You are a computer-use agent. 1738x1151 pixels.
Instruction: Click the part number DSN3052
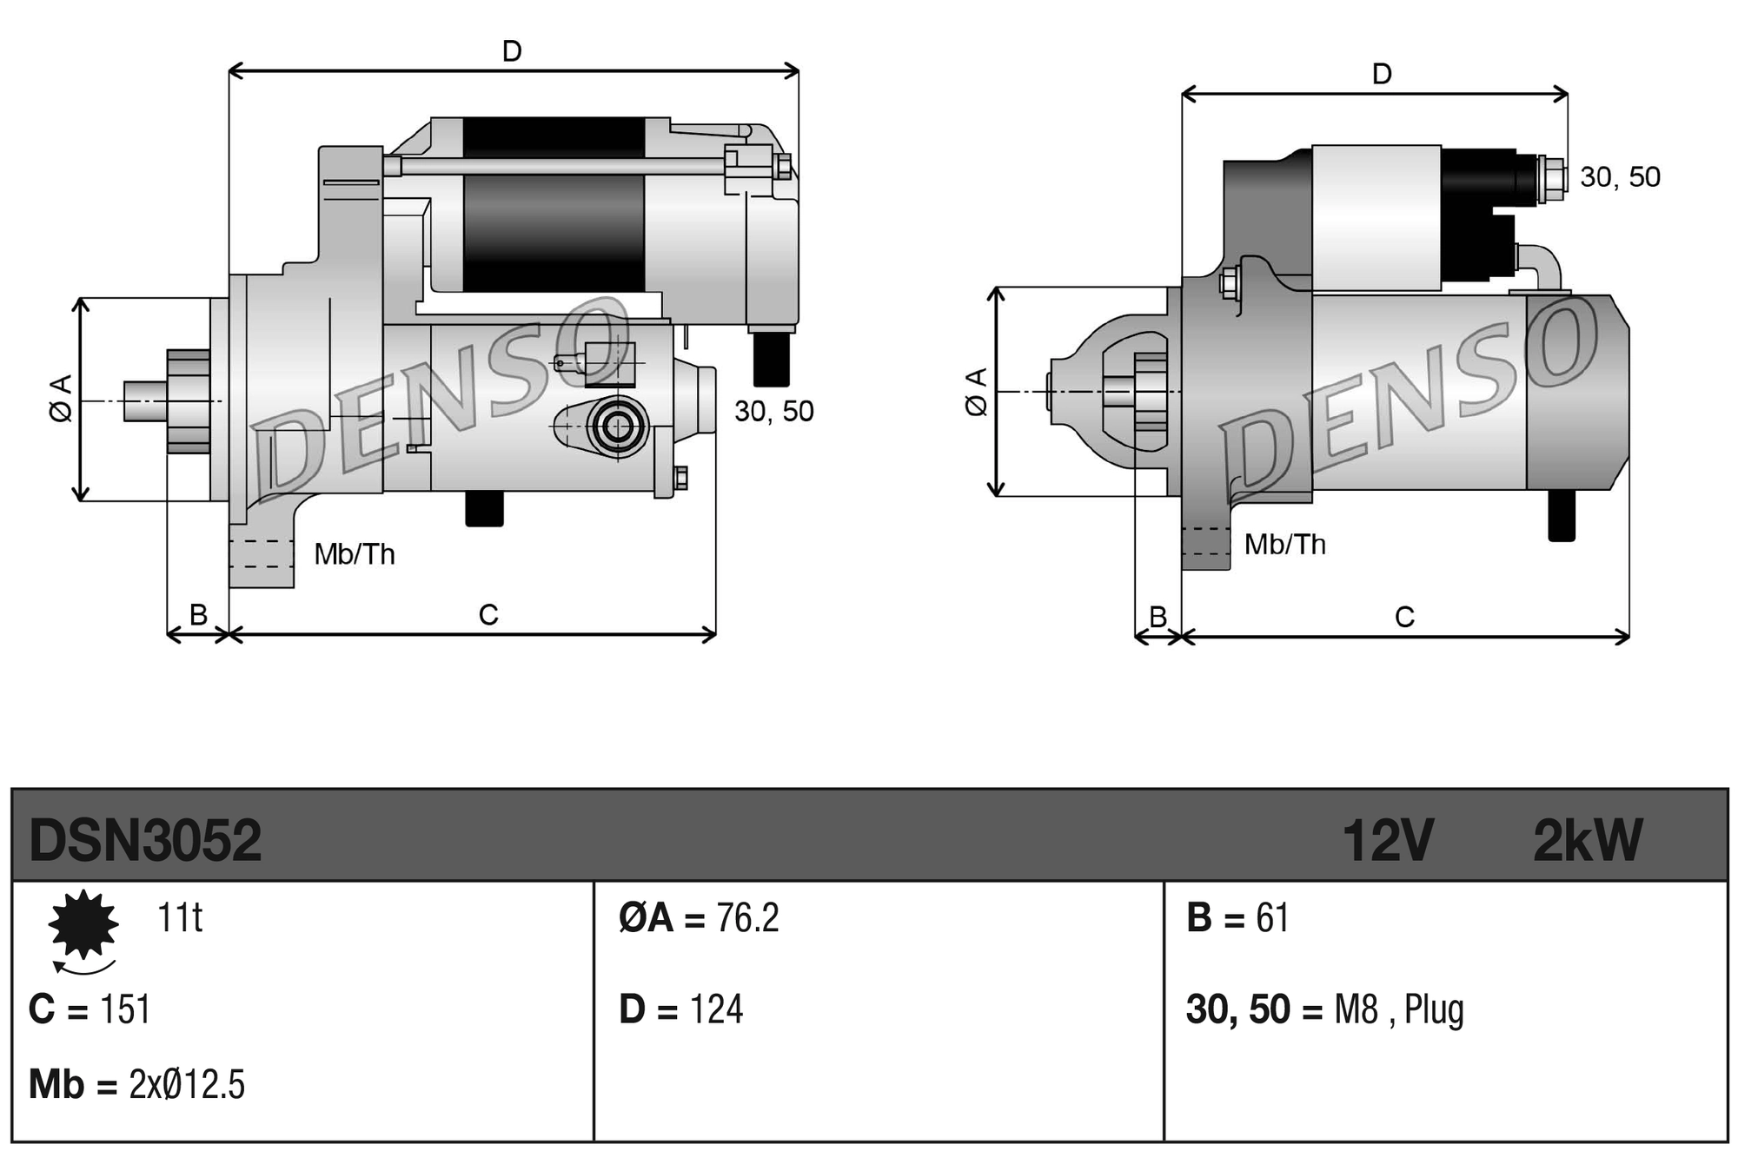145,840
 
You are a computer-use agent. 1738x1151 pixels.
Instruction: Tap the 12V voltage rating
1387,840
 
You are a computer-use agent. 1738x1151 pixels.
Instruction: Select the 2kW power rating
1587,840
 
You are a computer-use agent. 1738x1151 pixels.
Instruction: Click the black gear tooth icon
83,924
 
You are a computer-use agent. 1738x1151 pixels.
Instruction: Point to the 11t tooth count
180,917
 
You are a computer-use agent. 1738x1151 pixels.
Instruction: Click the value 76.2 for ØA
747,918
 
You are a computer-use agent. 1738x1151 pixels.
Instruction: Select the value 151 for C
125,1009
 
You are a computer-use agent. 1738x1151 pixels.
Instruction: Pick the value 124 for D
716,1009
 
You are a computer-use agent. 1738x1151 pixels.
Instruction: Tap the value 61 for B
1272,918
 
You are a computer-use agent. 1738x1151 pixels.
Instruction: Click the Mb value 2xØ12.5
187,1085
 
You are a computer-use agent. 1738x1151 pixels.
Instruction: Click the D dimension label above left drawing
512,51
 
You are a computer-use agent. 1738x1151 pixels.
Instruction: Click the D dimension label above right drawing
1382,74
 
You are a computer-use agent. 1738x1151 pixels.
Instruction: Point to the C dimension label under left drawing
488,615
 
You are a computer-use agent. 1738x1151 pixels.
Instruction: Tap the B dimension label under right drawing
1158,617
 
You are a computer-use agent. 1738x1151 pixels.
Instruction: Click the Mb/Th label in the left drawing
355,554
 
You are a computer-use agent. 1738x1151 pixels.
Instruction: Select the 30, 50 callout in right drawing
1620,177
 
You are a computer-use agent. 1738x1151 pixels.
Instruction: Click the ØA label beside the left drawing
62,399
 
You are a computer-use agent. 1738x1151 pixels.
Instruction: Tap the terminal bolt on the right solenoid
1551,178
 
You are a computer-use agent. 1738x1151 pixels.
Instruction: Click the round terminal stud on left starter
618,427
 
